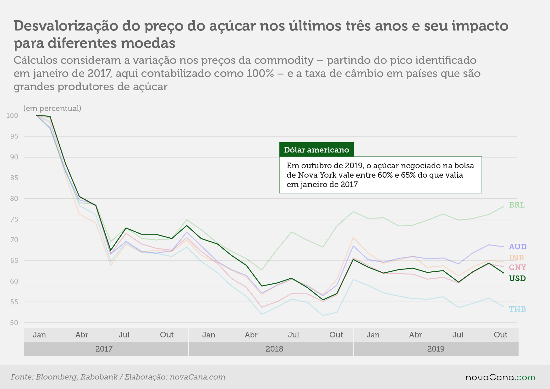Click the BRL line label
click(x=517, y=205)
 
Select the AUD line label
click(x=518, y=247)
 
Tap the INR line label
click(x=517, y=258)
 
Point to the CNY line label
click(x=518, y=268)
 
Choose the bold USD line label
click(x=518, y=279)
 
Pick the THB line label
click(x=518, y=309)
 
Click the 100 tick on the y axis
click(x=12, y=116)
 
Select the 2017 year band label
click(x=104, y=349)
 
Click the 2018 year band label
click(x=274, y=349)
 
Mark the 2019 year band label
click(x=436, y=349)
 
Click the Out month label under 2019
click(x=501, y=335)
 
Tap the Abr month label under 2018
click(x=251, y=335)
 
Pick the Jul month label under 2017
click(x=124, y=335)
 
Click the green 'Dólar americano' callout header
click(x=316, y=149)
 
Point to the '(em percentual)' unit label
click(x=52, y=108)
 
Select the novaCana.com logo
click(x=500, y=377)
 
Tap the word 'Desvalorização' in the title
click(x=66, y=26)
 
